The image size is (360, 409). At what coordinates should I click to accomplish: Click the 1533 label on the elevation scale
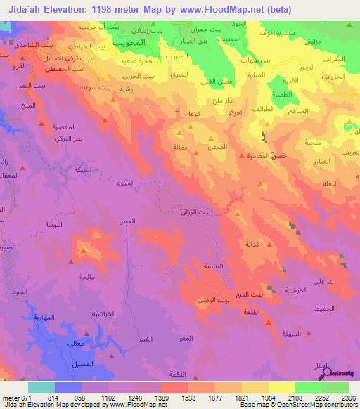click(188, 397)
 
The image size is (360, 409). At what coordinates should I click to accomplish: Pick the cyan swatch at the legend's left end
click(41, 387)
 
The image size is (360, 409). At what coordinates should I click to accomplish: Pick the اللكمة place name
click(181, 373)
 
